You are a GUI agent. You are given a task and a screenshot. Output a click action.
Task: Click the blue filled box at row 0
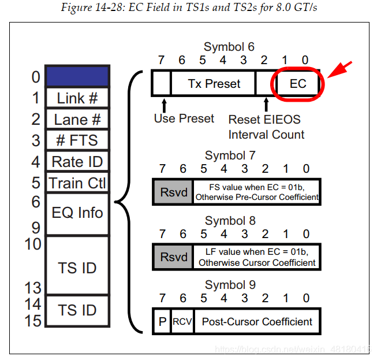point(77,76)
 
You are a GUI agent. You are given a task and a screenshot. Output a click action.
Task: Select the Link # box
point(77,98)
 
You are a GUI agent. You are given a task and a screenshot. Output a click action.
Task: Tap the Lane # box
point(77,119)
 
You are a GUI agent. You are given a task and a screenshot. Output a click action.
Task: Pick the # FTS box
point(77,140)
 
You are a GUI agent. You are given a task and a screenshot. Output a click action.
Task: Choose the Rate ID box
point(77,162)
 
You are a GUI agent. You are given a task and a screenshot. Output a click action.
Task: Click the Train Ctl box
point(77,183)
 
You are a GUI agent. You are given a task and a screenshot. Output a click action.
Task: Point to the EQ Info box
point(77,213)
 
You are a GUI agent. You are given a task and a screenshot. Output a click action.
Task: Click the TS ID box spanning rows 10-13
point(77,268)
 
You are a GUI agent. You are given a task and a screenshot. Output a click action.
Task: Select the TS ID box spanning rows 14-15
point(77,310)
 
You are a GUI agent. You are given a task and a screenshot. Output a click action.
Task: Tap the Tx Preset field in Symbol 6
point(214,84)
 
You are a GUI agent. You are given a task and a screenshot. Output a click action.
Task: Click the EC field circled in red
point(298,84)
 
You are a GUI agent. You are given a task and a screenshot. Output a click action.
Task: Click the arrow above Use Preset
point(164,104)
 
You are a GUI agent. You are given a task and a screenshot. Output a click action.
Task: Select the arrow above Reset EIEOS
point(266,104)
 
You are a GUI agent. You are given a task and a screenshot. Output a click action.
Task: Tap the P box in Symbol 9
point(162,321)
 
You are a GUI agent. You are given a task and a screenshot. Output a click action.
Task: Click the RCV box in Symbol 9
point(182,321)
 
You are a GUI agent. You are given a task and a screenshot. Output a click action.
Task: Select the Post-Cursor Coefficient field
point(257,321)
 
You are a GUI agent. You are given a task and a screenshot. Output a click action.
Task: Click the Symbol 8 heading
point(230,221)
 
